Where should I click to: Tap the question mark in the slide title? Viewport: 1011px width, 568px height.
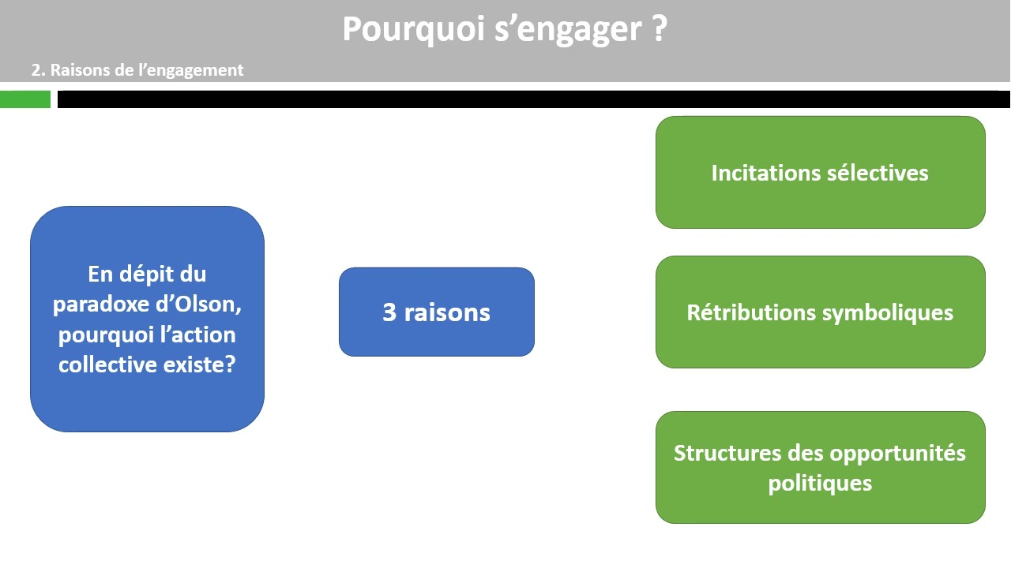(660, 30)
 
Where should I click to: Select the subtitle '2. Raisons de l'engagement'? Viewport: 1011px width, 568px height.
(137, 70)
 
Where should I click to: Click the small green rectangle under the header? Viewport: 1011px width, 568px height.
(25, 99)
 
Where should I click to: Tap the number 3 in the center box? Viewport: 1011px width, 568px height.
(389, 312)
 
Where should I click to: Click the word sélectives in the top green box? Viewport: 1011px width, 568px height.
(878, 173)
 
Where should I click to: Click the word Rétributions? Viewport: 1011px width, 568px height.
(751, 312)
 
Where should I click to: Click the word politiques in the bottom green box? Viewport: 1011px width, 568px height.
(820, 483)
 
